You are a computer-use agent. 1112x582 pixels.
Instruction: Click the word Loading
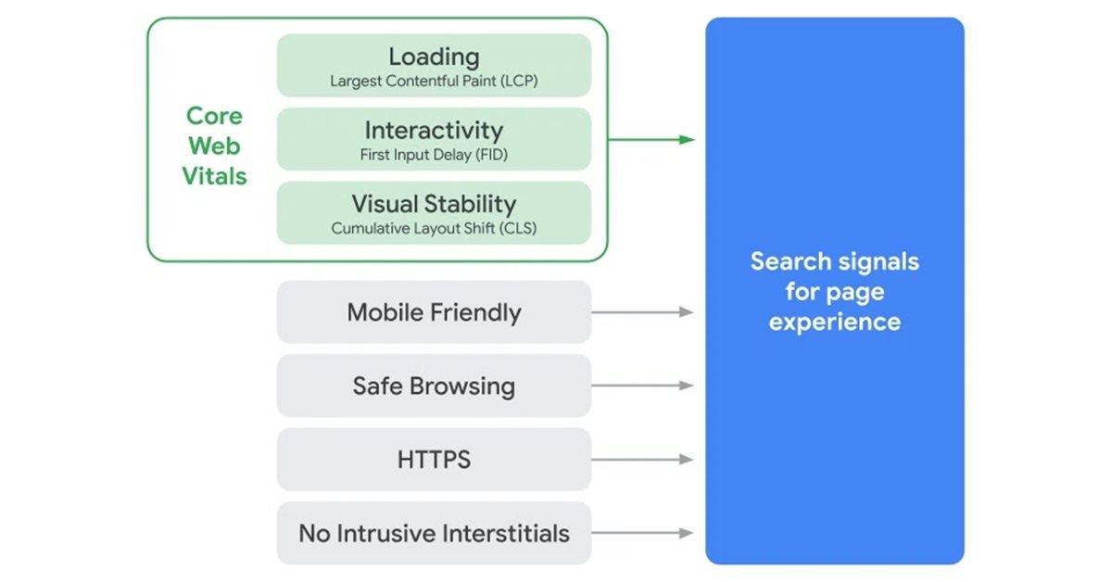[434, 57]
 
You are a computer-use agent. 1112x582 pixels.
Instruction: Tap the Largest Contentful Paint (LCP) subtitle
[434, 81]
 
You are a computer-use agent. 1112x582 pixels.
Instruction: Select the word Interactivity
[434, 130]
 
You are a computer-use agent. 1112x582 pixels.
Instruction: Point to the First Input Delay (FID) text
[434, 155]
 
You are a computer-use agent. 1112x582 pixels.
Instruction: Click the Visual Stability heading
[434, 204]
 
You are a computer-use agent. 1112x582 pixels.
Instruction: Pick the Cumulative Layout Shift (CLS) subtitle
[434, 228]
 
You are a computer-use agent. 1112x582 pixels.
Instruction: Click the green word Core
[214, 116]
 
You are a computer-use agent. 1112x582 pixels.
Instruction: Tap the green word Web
[214, 146]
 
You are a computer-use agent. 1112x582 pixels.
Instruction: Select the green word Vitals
[214, 176]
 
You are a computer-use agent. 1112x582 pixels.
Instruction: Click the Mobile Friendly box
[434, 312]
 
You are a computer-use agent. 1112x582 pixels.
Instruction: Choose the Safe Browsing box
[434, 386]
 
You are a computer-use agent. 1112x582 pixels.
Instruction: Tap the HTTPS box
[434, 460]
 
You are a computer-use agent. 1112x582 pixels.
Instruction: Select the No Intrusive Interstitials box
[434, 533]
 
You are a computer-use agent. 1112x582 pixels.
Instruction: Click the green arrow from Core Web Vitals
[651, 140]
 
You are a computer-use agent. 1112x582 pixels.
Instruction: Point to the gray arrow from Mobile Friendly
[642, 312]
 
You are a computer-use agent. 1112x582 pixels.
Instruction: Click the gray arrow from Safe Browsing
[642, 386]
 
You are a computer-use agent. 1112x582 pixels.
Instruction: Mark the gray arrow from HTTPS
[642, 460]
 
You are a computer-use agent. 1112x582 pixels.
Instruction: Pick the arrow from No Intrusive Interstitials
[642, 533]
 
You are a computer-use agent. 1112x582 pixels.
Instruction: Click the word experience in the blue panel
[835, 323]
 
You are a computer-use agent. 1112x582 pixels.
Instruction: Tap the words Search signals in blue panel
[835, 261]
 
